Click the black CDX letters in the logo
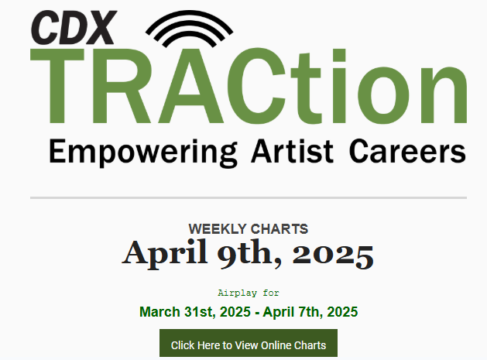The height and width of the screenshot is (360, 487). click(74, 27)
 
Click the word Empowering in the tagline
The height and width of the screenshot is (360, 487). click(143, 152)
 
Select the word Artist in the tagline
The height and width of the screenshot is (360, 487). click(293, 151)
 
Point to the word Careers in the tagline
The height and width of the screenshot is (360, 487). click(407, 151)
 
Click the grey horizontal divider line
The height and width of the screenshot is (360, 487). click(249, 197)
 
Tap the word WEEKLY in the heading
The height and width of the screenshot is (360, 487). click(218, 229)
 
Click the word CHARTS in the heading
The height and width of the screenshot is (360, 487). click(280, 229)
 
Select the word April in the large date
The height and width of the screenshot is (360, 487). click(165, 253)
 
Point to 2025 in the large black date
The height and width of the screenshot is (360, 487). click(333, 255)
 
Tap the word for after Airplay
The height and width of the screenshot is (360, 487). click(271, 293)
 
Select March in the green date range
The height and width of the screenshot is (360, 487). click(159, 312)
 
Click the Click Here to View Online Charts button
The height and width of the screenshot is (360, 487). click(249, 343)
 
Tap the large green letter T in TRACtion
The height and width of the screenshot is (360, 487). click(57, 86)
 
